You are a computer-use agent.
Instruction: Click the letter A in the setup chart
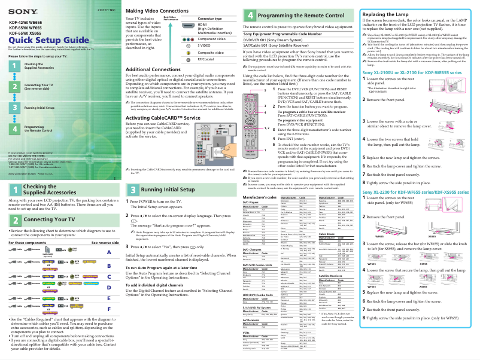(109, 252)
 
